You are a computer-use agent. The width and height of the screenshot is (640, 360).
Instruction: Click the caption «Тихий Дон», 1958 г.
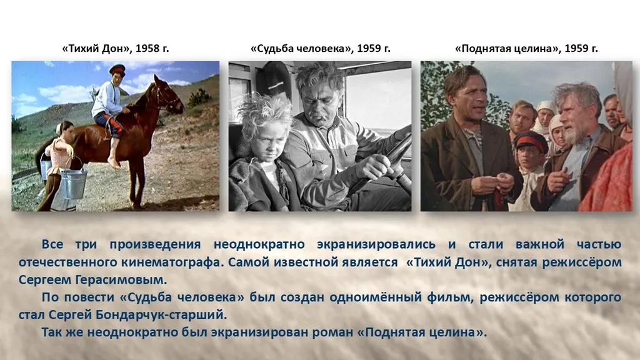point(116,49)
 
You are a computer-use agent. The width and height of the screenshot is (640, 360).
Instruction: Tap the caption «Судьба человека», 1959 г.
point(321,49)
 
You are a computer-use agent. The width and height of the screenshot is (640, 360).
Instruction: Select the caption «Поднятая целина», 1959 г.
point(526,49)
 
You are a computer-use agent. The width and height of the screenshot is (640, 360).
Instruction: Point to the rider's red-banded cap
point(117,69)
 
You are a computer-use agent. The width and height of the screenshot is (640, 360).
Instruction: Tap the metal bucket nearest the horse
point(74,183)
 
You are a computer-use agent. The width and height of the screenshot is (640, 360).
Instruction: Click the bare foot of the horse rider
point(114,162)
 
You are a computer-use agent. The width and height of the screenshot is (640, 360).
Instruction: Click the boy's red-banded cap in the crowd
point(530,141)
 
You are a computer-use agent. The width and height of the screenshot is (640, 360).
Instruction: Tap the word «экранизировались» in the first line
point(376,244)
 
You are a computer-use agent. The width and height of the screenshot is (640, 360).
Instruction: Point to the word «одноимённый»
point(376,297)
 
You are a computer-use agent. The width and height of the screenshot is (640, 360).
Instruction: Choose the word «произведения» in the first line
point(155,245)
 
